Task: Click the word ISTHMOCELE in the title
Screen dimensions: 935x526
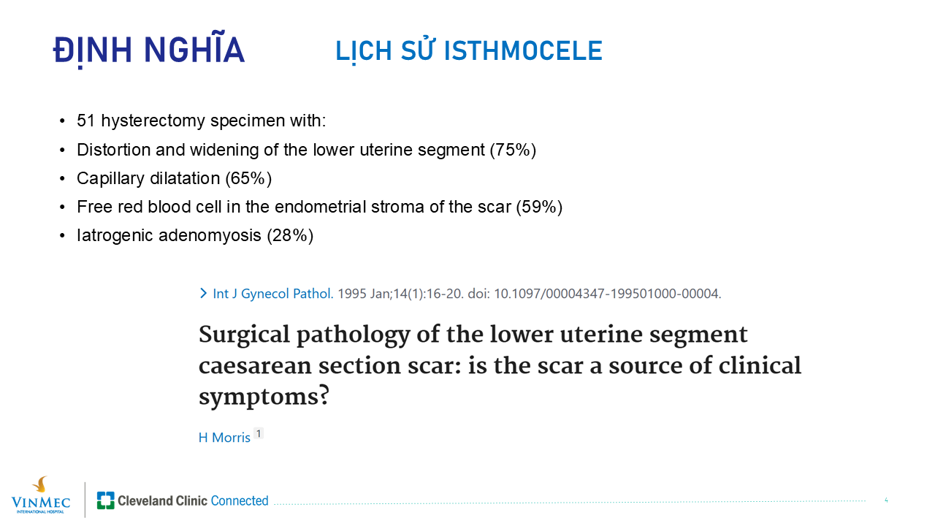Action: (523, 51)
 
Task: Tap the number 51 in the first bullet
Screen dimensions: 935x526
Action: (86, 121)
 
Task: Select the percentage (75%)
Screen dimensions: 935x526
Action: (513, 150)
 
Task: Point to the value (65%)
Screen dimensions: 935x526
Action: (249, 178)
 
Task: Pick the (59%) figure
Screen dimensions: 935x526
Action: (539, 207)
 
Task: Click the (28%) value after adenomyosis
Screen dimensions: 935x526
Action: (290, 235)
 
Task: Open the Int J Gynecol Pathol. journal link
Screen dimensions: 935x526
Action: (273, 294)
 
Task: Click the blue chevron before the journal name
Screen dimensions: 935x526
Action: (203, 293)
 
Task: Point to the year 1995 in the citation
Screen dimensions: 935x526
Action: (352, 294)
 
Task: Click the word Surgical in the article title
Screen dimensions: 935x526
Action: (244, 335)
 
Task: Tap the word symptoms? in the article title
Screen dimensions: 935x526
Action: (264, 397)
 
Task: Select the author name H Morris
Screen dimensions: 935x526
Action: (224, 438)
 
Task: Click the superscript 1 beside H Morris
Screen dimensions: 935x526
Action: (259, 434)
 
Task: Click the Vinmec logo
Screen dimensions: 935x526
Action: (40, 495)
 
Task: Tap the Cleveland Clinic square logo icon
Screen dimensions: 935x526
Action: (106, 500)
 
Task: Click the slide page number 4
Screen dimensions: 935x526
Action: (886, 500)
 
